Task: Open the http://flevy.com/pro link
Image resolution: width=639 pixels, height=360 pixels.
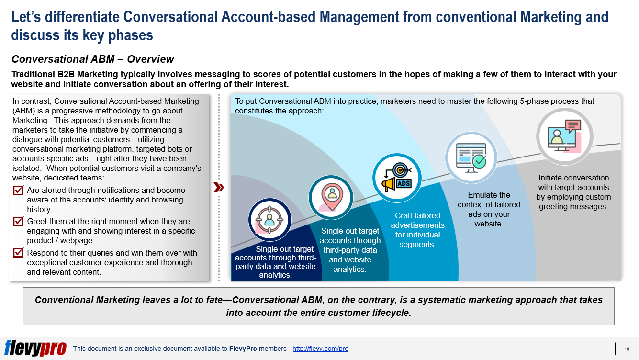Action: [x=320, y=349]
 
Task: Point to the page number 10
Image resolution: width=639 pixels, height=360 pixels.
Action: [x=627, y=349]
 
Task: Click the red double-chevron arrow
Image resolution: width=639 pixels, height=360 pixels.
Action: [x=219, y=187]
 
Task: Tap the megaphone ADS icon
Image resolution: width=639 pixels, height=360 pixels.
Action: [x=397, y=178]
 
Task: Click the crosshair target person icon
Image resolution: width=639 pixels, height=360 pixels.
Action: [x=269, y=220]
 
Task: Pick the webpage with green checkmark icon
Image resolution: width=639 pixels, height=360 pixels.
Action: [x=471, y=158]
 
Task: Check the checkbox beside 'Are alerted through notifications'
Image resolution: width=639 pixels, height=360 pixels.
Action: [x=18, y=190]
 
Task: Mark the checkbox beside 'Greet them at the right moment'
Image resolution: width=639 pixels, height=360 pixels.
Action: [x=18, y=221]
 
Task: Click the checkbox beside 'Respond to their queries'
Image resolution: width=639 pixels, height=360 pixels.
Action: [x=18, y=253]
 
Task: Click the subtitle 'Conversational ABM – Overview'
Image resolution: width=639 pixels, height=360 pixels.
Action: [x=93, y=59]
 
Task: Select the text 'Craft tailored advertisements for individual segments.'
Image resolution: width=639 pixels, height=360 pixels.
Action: [x=417, y=230]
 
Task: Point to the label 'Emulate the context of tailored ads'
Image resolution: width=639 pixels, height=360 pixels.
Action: [x=489, y=209]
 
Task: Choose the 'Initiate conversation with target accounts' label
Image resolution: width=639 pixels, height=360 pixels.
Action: [x=573, y=192]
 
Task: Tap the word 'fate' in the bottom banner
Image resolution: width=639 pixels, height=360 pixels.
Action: [x=214, y=300]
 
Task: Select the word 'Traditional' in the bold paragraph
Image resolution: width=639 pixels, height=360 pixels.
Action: [x=33, y=74]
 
